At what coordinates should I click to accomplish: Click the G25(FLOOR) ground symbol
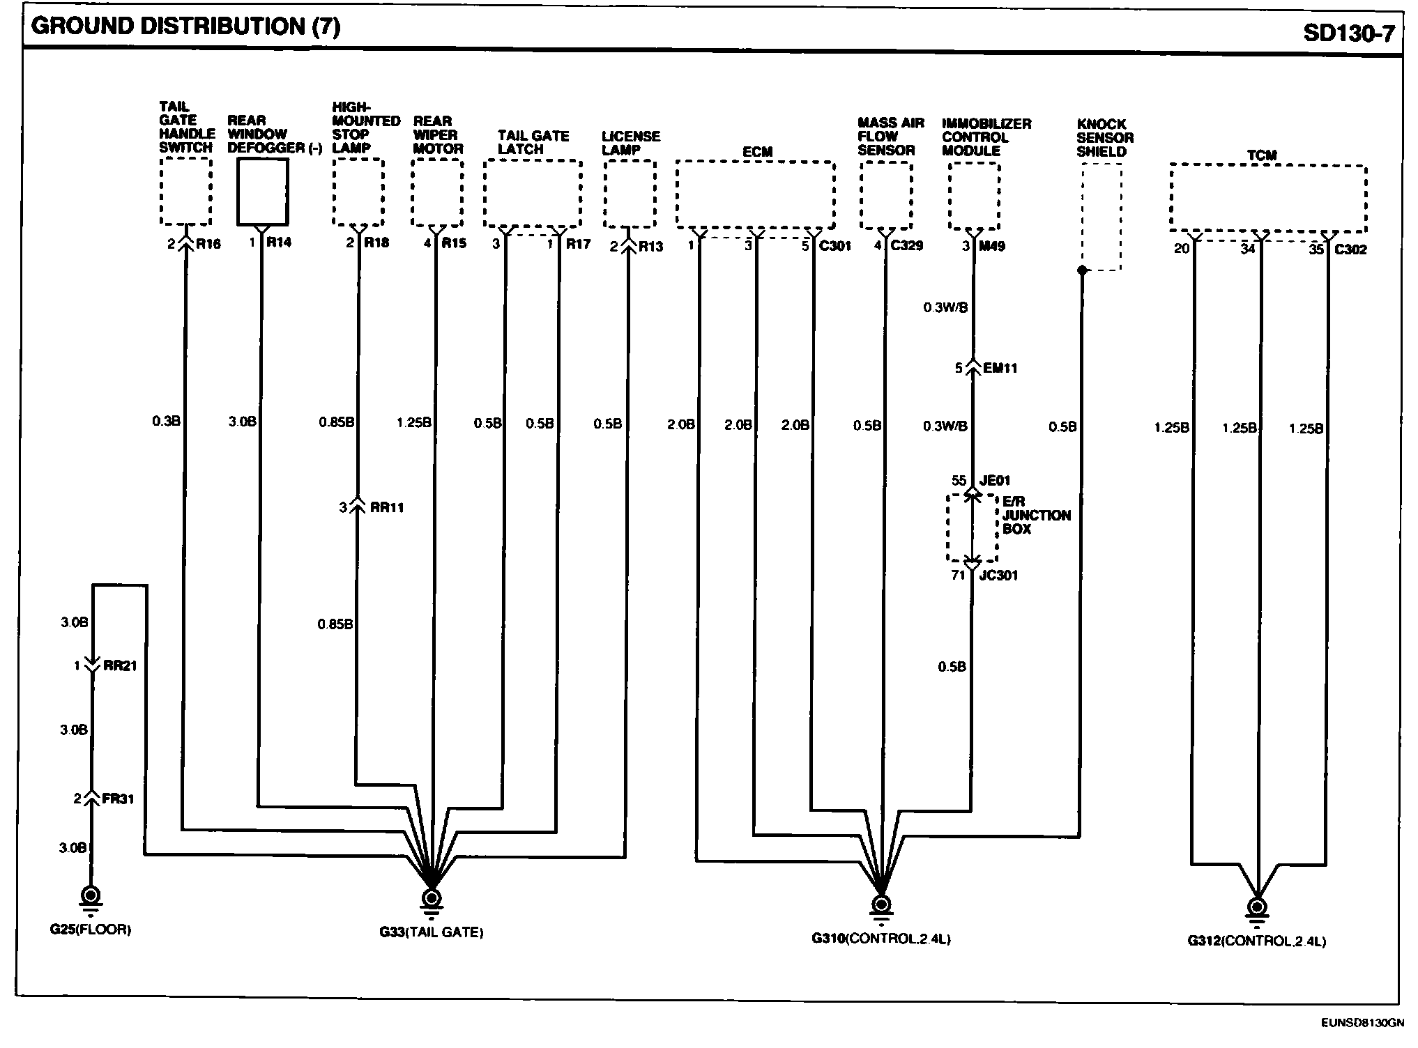(x=91, y=895)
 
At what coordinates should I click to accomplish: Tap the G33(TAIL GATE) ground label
(x=432, y=932)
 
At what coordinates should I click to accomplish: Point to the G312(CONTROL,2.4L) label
(x=1257, y=941)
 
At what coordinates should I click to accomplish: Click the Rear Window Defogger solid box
(x=262, y=192)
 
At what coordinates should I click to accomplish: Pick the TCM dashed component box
(x=1268, y=198)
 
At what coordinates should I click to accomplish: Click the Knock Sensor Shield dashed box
(x=1101, y=217)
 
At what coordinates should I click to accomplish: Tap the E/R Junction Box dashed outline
(x=972, y=527)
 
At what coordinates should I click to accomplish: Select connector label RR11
(x=387, y=508)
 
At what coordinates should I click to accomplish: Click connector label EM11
(x=1000, y=368)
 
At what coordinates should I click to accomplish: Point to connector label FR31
(x=118, y=799)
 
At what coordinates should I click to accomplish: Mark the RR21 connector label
(x=120, y=666)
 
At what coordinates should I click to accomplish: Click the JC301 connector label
(x=998, y=576)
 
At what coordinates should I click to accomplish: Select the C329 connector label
(x=907, y=246)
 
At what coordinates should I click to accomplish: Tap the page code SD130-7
(x=1348, y=33)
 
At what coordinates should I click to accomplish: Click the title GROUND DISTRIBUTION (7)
(x=185, y=26)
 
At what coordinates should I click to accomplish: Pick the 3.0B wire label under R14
(x=242, y=422)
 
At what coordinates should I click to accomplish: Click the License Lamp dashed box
(x=630, y=194)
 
